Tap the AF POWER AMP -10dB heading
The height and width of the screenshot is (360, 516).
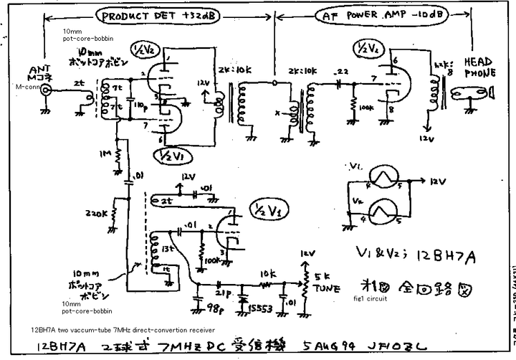coord(375,16)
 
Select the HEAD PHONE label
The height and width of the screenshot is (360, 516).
coord(478,66)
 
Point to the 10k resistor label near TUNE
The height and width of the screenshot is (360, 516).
coord(268,274)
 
